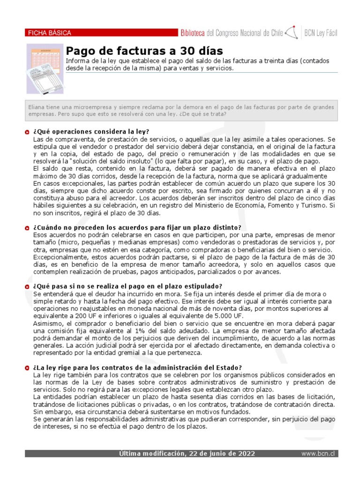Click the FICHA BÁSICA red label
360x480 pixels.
tap(50, 33)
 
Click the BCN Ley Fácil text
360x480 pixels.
tap(321, 33)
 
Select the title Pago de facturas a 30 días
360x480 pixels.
tap(144, 51)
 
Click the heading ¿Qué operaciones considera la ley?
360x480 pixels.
tap(91, 132)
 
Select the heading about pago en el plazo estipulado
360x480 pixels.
tap(127, 286)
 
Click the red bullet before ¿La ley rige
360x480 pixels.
tap(28, 368)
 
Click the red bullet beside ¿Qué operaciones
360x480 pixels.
tap(28, 132)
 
